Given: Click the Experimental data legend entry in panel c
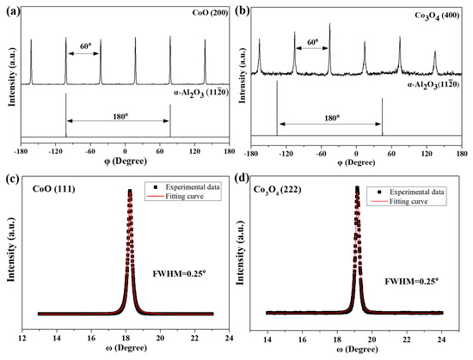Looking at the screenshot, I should coord(178,190).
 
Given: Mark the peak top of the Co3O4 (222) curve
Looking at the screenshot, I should coord(357,187).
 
